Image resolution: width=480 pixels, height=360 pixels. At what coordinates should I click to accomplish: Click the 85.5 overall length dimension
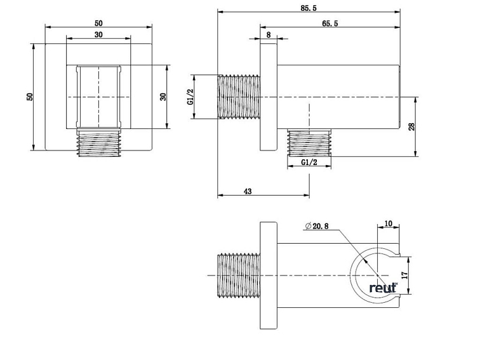pyautogui.click(x=309, y=6)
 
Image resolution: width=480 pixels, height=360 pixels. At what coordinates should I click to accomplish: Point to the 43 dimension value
pyautogui.click(x=248, y=191)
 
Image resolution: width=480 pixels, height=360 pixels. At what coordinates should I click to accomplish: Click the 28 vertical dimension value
pyautogui.click(x=411, y=127)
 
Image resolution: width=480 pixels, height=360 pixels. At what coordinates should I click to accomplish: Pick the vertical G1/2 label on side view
pyautogui.click(x=190, y=97)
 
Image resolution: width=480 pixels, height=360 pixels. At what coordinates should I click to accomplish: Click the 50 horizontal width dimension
pyautogui.click(x=99, y=23)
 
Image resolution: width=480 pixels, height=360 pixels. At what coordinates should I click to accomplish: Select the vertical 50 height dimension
pyautogui.click(x=29, y=97)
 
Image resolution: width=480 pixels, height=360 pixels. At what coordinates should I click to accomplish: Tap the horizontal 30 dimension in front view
pyautogui.click(x=98, y=35)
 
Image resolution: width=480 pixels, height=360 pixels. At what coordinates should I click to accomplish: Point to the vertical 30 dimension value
pyautogui.click(x=163, y=97)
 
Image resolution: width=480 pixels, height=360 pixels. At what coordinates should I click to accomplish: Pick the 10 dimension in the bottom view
pyautogui.click(x=389, y=223)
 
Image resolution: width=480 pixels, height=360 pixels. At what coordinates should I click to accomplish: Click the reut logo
pyautogui.click(x=383, y=288)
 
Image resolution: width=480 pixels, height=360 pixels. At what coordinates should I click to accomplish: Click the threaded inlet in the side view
pyautogui.click(x=239, y=97)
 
